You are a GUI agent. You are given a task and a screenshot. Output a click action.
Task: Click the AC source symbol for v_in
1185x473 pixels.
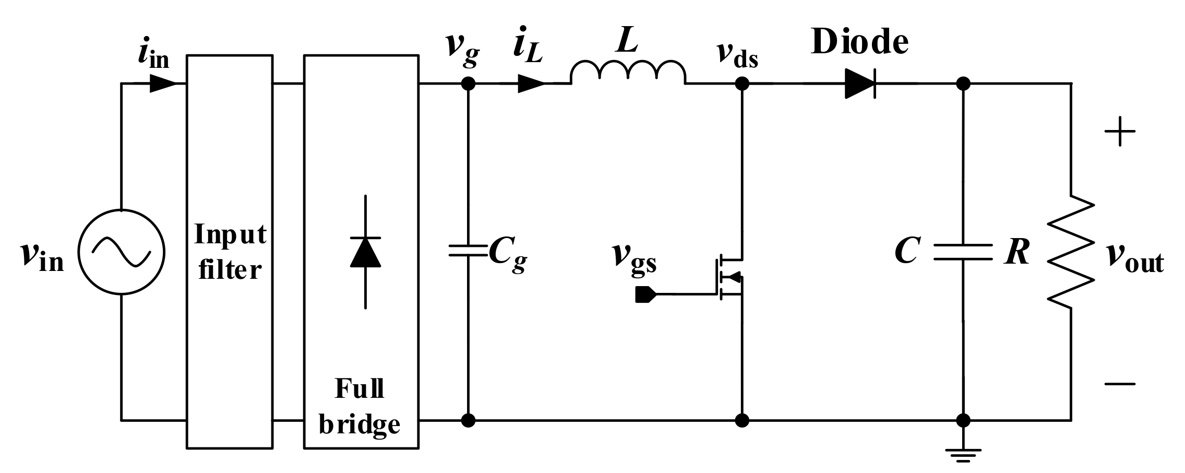coord(121,253)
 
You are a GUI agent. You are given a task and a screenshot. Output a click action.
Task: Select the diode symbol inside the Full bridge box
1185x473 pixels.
coord(365,252)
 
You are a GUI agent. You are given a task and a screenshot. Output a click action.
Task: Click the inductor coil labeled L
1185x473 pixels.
coord(628,73)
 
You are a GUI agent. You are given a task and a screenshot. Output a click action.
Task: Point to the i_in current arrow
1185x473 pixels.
coord(162,84)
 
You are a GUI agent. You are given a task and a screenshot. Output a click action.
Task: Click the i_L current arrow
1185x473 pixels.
coord(531,84)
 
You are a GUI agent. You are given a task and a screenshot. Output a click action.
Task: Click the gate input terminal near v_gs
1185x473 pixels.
coord(645,294)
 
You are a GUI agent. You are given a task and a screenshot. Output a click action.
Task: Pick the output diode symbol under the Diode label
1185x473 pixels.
coord(860,84)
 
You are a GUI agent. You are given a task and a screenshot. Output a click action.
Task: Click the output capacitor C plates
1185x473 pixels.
coord(963,252)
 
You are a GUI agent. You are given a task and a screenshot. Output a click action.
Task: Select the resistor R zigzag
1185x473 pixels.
coord(1071,253)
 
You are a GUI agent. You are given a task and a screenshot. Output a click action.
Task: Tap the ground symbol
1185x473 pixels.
coord(963,455)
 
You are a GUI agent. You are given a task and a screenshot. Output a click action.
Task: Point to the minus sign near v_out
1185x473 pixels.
coord(1120,384)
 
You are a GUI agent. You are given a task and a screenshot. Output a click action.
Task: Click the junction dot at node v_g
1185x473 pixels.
coord(468,84)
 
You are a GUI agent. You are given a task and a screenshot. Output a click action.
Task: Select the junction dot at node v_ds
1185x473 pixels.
coord(741,84)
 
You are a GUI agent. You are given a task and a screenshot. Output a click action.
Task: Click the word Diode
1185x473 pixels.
coord(859,42)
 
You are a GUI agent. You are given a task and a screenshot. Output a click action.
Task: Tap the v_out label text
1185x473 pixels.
coord(1134,259)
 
